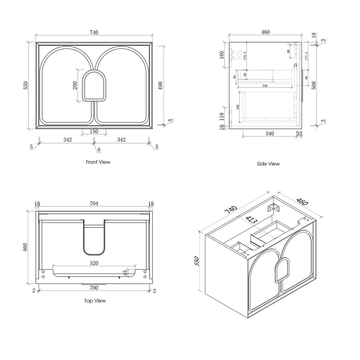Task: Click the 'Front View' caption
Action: (98, 162)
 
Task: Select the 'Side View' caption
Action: (269, 164)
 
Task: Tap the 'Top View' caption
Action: (95, 301)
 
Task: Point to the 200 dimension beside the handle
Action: (75, 85)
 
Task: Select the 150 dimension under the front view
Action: (94, 131)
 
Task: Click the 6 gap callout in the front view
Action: (99, 149)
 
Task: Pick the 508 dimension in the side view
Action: (314, 85)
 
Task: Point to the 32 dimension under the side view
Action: (299, 134)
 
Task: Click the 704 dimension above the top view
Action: (94, 204)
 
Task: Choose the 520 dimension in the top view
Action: (94, 263)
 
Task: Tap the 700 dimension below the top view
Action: (94, 288)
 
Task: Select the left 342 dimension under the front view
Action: (67, 140)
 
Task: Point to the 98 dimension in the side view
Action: (306, 78)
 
